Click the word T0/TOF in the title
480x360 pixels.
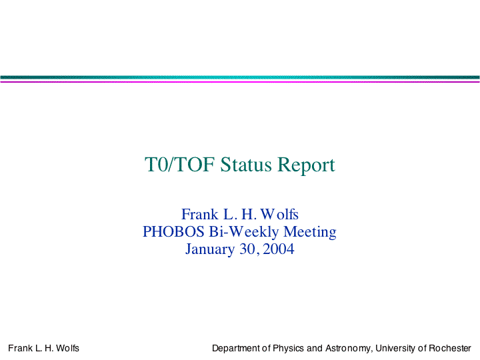[x=179, y=165]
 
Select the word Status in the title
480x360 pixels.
[x=246, y=165]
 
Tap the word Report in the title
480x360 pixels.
[x=306, y=165]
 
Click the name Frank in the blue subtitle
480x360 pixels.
[x=199, y=214]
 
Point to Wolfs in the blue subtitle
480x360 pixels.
[x=279, y=214]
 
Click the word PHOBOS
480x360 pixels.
[x=173, y=231]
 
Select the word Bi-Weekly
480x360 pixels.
[x=244, y=232]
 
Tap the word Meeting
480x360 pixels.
[x=310, y=232]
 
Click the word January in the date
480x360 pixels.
[x=210, y=249]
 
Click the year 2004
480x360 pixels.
[x=278, y=249]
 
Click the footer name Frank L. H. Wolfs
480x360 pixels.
[x=43, y=348]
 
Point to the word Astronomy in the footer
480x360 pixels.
[x=349, y=349]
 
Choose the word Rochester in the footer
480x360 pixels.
[x=450, y=348]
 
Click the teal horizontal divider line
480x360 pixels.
[x=240, y=77]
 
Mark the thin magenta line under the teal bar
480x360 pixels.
[x=240, y=82]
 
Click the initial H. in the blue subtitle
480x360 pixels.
[x=249, y=214]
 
